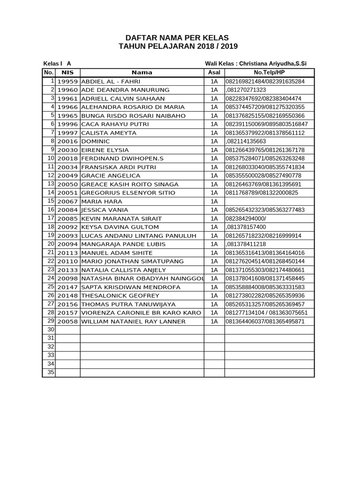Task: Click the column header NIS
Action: pyautogui.click(x=67, y=73)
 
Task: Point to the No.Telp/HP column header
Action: pyautogui.click(x=269, y=73)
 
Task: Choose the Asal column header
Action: pyautogui.click(x=214, y=73)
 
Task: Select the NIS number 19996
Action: pyautogui.click(x=67, y=124)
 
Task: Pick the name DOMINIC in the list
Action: pyautogui.click(x=96, y=141)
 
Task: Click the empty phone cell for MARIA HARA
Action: pyautogui.click(x=269, y=201)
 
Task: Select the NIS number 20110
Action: pyautogui.click(x=67, y=261)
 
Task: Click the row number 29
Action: pyautogui.click(x=51, y=321)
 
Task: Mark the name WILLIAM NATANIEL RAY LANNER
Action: pyautogui.click(x=134, y=321)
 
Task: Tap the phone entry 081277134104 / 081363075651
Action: pyautogui.click(x=267, y=313)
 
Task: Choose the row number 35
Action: pyautogui.click(x=51, y=372)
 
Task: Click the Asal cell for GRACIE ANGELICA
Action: pyautogui.click(x=214, y=175)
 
